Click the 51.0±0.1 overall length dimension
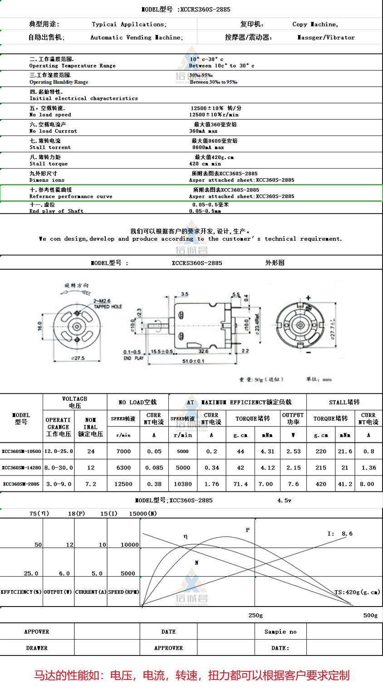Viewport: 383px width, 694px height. click(x=194, y=361)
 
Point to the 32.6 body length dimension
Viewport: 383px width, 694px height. click(x=203, y=351)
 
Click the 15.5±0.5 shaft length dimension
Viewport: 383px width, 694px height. click(x=162, y=352)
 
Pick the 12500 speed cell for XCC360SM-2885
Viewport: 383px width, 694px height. click(x=123, y=484)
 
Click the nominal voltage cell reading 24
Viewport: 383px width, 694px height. click(x=91, y=451)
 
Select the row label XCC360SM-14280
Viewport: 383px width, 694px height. click(x=21, y=467)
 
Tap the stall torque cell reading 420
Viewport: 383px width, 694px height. click(x=321, y=484)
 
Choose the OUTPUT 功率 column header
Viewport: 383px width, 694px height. click(x=293, y=418)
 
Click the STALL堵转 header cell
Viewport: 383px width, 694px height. click(x=344, y=402)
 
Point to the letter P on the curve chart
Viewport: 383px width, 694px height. click(x=248, y=530)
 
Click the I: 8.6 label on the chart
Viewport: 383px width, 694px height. click(x=340, y=534)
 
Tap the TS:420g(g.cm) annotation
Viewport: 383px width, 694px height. click(x=357, y=592)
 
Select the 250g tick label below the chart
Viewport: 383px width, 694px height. click(x=255, y=615)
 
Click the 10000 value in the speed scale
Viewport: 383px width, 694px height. click(x=130, y=544)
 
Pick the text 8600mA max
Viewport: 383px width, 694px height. click(x=208, y=147)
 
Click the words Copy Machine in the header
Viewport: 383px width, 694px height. click(x=315, y=24)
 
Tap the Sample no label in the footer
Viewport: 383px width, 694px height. click(x=280, y=631)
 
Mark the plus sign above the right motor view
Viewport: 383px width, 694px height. click(x=309, y=298)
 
